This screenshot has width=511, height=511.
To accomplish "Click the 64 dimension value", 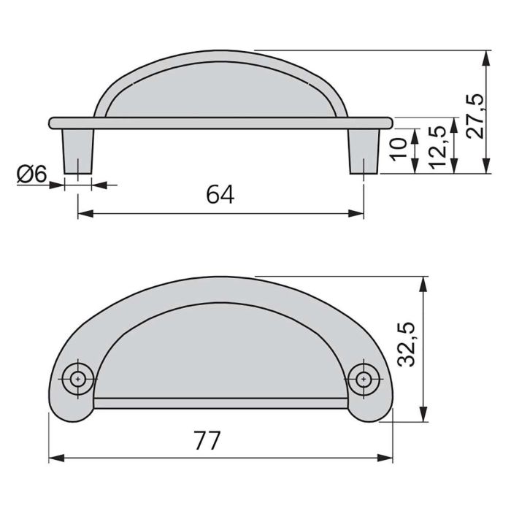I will [220, 195].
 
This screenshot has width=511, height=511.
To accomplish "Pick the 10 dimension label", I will [398, 149].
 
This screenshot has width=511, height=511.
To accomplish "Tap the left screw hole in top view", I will [78, 377].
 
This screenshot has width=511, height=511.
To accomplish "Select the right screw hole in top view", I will [363, 377].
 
